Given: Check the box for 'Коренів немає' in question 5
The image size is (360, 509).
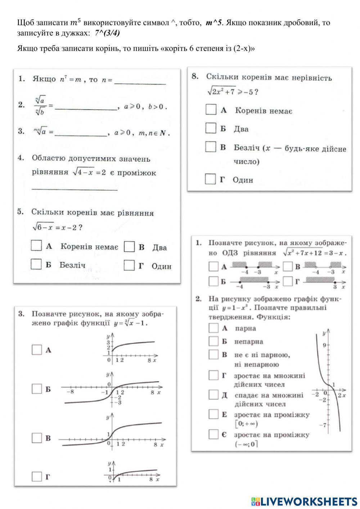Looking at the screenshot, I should tap(36, 246).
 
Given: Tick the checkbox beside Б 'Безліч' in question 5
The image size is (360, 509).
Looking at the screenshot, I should tap(36, 264).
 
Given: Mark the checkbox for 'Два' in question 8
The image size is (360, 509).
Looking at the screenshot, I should tap(211, 128).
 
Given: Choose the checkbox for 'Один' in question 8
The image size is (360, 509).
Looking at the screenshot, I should tap(210, 179).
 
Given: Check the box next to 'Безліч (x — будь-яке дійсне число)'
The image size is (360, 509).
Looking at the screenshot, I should tap(211, 147).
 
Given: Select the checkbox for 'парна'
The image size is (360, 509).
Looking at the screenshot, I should tap(213, 328).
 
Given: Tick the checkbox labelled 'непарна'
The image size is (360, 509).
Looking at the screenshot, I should tap(213, 341).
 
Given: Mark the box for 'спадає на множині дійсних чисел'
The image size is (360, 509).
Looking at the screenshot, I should tap(213, 395).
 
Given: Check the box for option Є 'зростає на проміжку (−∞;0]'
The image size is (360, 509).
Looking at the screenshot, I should tap(213, 434).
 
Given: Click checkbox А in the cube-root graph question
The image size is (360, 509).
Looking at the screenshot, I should tap(37, 349).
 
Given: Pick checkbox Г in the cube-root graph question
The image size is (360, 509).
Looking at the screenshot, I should tap(37, 477).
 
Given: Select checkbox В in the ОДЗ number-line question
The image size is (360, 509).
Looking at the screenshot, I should tap(288, 267).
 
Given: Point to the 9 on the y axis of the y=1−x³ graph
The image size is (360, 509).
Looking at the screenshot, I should tap(324, 345).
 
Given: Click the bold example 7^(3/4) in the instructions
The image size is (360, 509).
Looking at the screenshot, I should tap(107, 33).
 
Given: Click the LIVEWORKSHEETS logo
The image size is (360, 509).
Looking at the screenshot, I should tap(304, 501).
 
